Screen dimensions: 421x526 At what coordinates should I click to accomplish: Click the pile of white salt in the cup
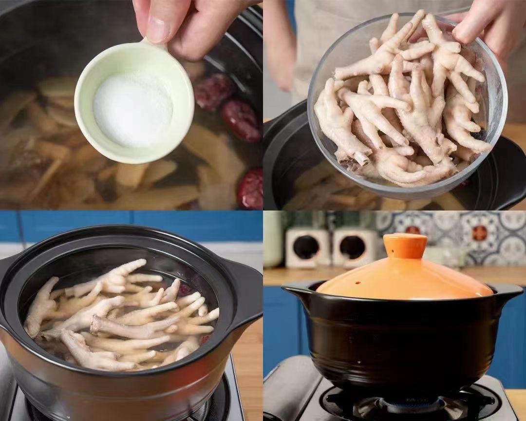point(132,109)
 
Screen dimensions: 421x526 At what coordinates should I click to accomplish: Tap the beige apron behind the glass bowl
point(331,29)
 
